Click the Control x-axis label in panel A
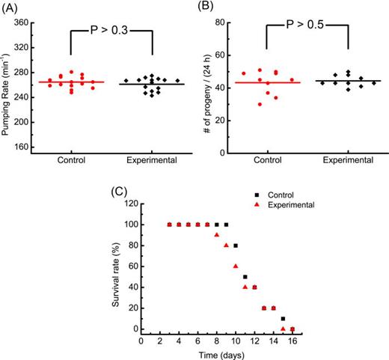pyautogui.click(x=70, y=160)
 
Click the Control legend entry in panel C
pyautogui.click(x=279, y=194)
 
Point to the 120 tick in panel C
pyautogui.click(x=132, y=204)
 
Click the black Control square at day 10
pyautogui.click(x=236, y=245)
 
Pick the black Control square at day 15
pyautogui.click(x=283, y=319)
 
